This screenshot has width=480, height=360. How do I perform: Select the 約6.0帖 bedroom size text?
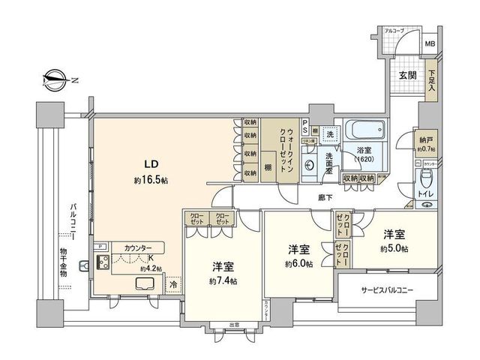298,263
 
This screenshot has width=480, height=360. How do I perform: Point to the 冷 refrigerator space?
173,285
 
